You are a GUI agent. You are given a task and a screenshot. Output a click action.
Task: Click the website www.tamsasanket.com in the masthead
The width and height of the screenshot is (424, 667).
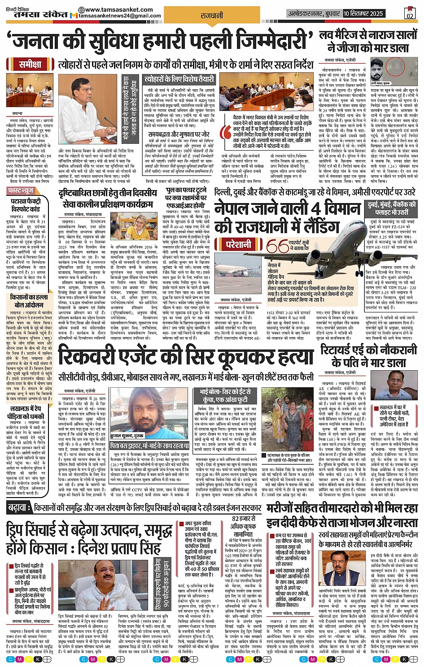click(x=118, y=9)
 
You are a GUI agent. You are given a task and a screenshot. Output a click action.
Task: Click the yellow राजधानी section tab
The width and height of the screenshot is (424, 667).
click(x=212, y=15)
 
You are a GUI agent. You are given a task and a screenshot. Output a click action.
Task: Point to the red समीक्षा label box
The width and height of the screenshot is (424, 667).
click(x=31, y=64)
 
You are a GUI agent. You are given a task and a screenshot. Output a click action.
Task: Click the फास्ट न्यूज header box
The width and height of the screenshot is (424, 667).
click(x=21, y=191)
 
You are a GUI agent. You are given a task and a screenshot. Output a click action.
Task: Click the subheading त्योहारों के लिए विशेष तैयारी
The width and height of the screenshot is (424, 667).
click(x=179, y=79)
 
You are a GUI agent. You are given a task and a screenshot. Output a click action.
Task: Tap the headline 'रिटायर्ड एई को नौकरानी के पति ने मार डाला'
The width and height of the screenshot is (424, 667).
click(x=368, y=355)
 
